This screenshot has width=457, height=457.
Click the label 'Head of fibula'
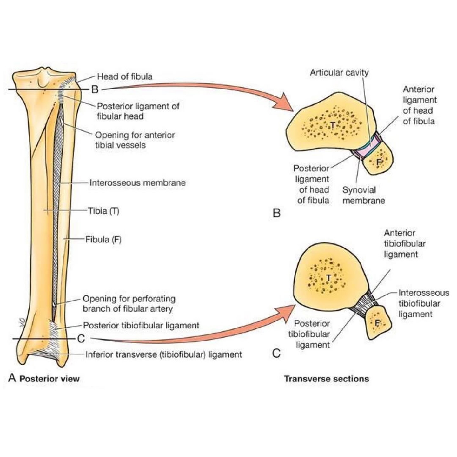125,76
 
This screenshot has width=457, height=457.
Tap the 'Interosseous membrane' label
137,183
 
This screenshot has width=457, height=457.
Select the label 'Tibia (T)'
104,211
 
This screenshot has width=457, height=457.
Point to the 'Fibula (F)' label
103,240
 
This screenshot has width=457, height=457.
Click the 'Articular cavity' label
339,73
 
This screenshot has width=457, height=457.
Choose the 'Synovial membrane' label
364,195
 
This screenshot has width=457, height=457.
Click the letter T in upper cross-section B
333,125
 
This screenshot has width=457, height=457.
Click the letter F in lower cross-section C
377,323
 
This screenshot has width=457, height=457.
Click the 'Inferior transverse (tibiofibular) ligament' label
164,354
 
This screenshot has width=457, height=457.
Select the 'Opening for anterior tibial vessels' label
135,140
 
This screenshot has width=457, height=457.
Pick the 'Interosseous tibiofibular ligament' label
424,303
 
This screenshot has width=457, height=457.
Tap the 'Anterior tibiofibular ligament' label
405,243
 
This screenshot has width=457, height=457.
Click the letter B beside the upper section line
95,89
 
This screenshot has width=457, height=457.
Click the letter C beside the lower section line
81,339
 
